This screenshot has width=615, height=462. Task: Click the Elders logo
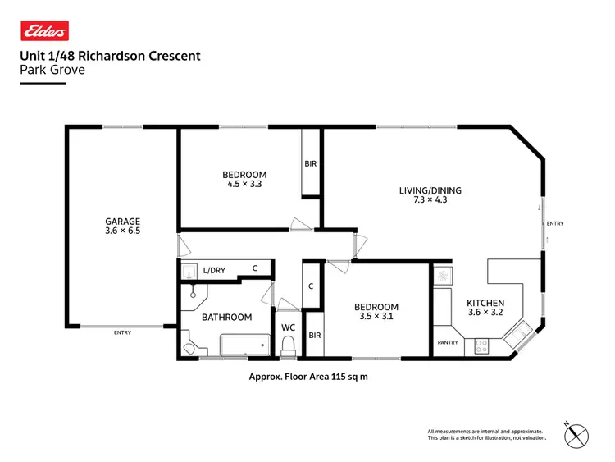44,31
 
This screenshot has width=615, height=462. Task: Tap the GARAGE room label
122,221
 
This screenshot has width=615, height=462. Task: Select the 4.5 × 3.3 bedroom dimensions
244,185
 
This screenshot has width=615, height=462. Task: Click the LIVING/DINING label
430,190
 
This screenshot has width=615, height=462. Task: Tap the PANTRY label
447,342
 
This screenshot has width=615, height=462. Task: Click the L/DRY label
214,269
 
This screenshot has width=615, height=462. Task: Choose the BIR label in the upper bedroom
311,164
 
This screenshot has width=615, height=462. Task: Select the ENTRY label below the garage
123,332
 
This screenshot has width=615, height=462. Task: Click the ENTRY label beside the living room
555,223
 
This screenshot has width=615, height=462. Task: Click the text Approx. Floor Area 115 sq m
307,377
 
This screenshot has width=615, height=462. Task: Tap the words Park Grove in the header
52,70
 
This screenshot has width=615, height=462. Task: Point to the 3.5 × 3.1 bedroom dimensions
377,316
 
